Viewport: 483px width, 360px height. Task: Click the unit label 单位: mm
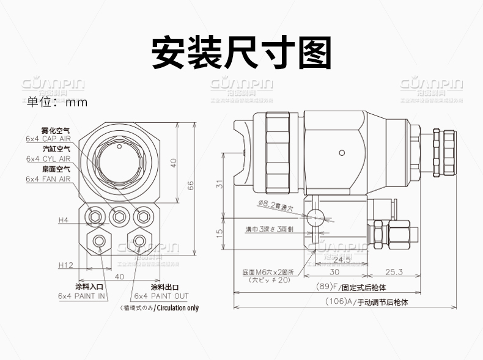(57, 102)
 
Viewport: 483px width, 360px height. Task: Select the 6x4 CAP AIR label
(49, 139)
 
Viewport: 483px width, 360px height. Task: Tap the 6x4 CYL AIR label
(49, 158)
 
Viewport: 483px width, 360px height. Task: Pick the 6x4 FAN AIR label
(49, 178)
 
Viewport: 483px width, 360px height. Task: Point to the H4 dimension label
(64, 219)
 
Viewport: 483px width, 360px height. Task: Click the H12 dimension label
(66, 265)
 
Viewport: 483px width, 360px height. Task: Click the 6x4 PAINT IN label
(82, 296)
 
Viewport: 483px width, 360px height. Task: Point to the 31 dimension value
(219, 184)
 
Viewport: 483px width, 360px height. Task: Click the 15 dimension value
(219, 232)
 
